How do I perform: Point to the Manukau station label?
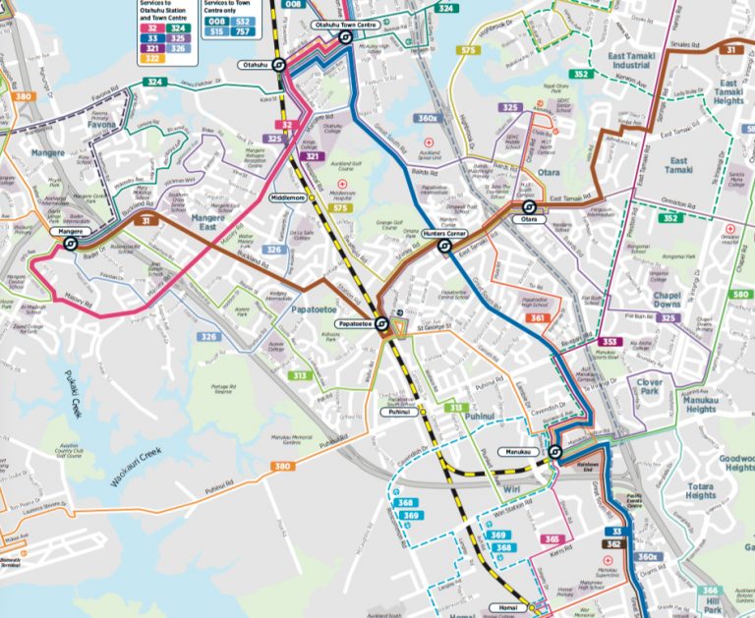(523, 452)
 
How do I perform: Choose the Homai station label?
(501, 606)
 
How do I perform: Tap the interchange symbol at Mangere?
(71, 244)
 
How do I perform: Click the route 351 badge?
(537, 318)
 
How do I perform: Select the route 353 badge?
(610, 342)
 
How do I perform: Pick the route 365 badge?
(553, 539)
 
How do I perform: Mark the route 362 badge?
(613, 543)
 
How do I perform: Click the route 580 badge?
(738, 294)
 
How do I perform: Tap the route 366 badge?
(710, 591)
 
